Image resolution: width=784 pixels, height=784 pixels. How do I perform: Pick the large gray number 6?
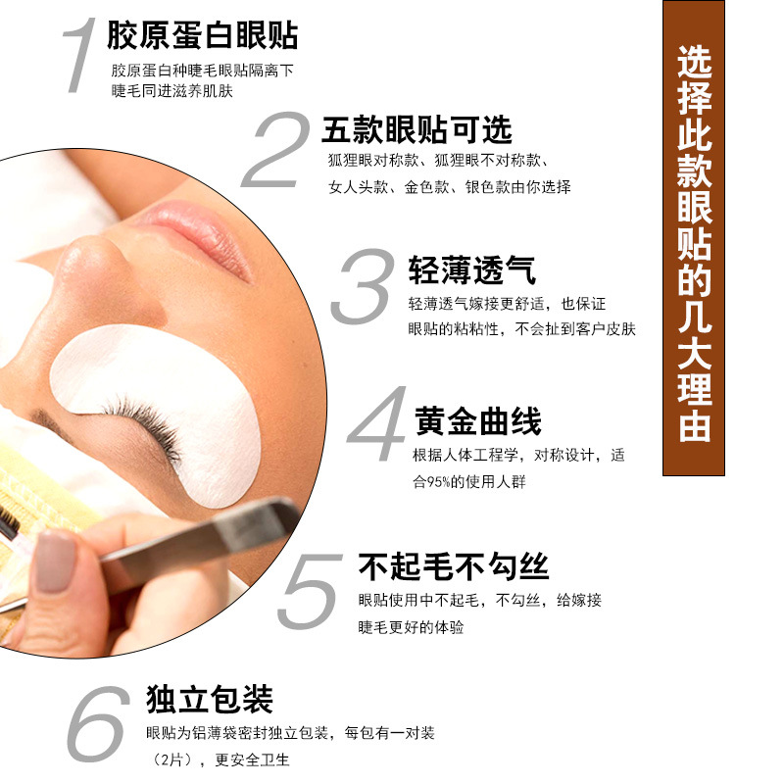[98, 725]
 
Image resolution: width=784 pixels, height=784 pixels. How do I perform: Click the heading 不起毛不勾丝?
[453, 566]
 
